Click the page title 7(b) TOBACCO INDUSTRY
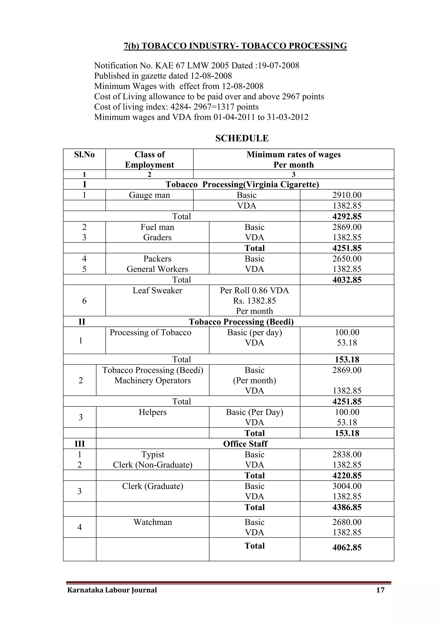click(235, 46)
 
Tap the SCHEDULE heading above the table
click(242, 138)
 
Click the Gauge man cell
click(149, 195)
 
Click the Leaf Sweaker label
click(157, 290)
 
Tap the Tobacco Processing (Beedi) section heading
click(241, 322)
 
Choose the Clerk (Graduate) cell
click(153, 486)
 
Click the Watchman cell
click(153, 522)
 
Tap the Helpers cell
click(153, 412)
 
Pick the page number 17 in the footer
click(380, 590)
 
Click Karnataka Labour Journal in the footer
click(112, 590)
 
